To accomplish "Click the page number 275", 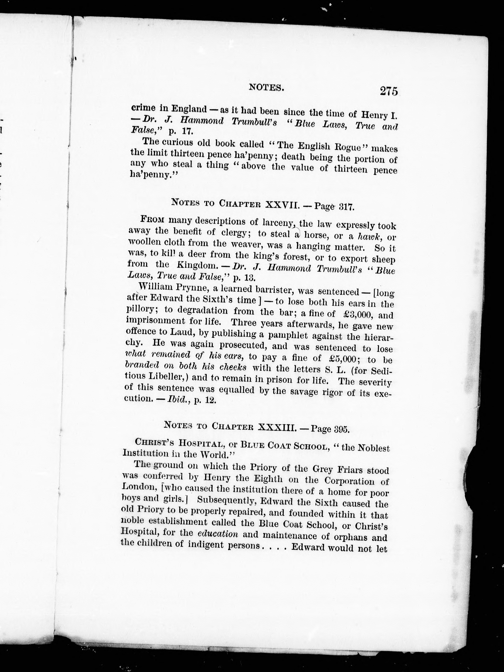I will tap(388, 91).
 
